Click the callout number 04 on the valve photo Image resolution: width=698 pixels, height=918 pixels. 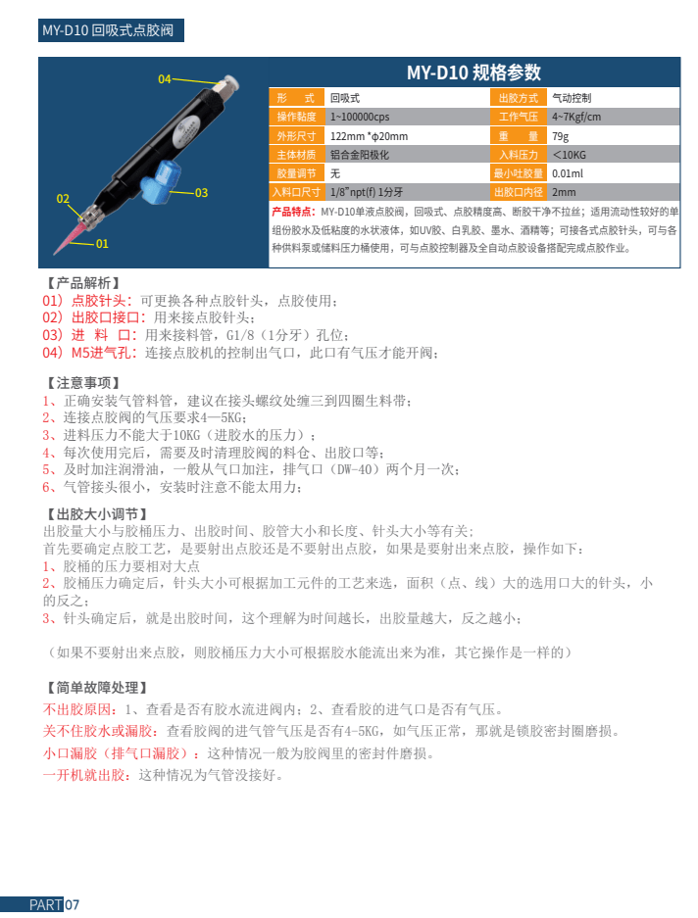[x=165, y=79]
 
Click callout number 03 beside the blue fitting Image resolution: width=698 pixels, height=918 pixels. [x=201, y=193]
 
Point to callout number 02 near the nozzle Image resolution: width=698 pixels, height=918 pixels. [x=64, y=199]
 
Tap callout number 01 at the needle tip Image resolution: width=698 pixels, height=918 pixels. [x=102, y=243]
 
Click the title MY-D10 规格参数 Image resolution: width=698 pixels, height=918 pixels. [x=474, y=72]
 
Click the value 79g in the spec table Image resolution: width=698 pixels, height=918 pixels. [x=561, y=135]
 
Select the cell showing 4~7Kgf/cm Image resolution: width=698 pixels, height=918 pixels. [x=576, y=117]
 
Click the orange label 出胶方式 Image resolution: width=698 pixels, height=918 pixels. [x=519, y=98]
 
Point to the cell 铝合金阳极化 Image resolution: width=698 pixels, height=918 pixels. [x=360, y=155]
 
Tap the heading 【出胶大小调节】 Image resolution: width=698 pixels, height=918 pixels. [x=96, y=513]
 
